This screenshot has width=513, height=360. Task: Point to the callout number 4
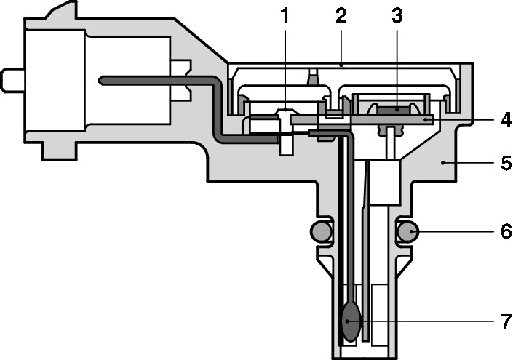tap(504, 119)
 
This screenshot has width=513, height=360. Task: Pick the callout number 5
tap(504, 164)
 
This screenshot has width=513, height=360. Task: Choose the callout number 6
tap(504, 232)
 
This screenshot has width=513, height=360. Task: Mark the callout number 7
tap(504, 320)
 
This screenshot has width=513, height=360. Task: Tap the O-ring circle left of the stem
tap(321, 232)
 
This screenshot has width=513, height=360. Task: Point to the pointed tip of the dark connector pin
tap(101, 79)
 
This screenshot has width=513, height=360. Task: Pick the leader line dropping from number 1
tap(285, 65)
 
